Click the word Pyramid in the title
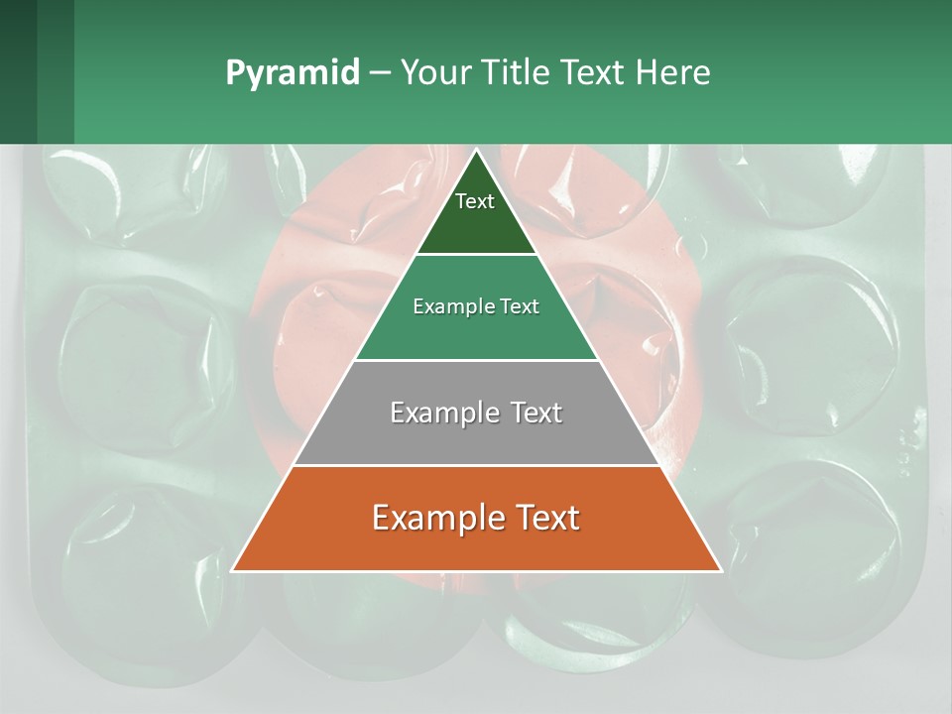pyautogui.click(x=292, y=73)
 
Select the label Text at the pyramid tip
pyautogui.click(x=475, y=201)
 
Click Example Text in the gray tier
pyautogui.click(x=476, y=413)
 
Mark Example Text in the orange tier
pyautogui.click(x=476, y=518)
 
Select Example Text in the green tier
pyautogui.click(x=476, y=306)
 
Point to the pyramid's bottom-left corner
pyautogui.click(x=232, y=571)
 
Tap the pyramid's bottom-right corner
pyautogui.click(x=721, y=571)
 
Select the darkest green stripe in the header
pyautogui.click(x=18, y=71)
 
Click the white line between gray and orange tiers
pyautogui.click(x=476, y=465)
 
